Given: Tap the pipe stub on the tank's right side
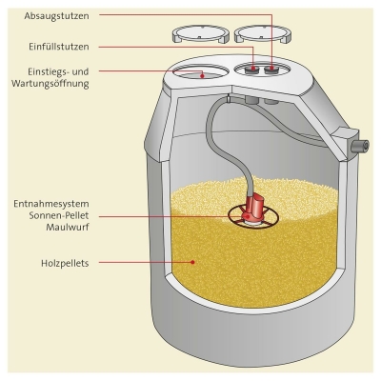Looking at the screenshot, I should [359, 144].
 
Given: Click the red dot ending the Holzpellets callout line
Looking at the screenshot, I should [192, 260].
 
